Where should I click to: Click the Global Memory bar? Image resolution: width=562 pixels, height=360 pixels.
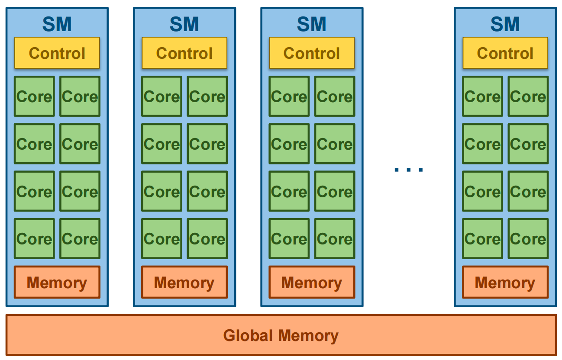pos(281,335)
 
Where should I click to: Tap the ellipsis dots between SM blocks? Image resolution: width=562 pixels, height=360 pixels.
pos(408,169)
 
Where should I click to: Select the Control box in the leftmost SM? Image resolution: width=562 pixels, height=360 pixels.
pos(57,53)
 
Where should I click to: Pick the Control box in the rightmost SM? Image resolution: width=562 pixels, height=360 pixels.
pos(505,53)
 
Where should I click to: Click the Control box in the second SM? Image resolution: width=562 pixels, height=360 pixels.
pos(184,53)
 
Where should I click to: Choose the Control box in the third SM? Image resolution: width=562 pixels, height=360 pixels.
pos(312,53)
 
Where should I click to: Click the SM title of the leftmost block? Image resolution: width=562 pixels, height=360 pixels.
pos(57,24)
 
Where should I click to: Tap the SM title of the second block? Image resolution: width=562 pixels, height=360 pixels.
pos(184,24)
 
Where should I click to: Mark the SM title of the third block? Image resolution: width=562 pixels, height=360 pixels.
pos(311,24)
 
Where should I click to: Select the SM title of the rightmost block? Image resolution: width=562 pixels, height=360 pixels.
pos(505,24)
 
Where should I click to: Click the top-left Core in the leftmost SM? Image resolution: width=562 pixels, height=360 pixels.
pos(34,96)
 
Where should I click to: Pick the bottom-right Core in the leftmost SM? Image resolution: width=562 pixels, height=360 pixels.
pos(80,238)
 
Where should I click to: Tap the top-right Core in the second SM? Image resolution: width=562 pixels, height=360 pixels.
pos(207,96)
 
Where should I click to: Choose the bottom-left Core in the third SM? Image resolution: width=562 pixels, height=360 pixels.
pos(289,238)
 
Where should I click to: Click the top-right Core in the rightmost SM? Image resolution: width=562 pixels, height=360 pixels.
pos(528,96)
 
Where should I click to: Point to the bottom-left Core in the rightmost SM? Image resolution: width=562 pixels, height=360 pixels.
pos(482,238)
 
